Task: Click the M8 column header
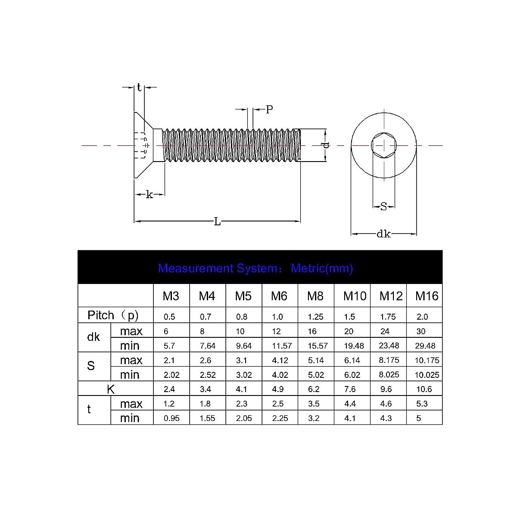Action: click(315, 296)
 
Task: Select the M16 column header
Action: click(427, 296)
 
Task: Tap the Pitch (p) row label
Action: click(113, 315)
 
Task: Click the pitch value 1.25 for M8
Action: click(315, 317)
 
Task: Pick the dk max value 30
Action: click(421, 331)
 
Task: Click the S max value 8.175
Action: click(389, 360)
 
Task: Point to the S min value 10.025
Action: click(427, 375)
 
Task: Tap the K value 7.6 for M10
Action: click(350, 389)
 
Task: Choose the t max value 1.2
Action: click(169, 404)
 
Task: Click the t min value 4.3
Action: click(386, 418)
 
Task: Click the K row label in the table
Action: click(111, 389)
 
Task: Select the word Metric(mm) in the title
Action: click(322, 268)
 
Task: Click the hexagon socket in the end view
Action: click(383, 145)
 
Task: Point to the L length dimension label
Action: click(217, 222)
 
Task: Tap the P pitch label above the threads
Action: click(269, 110)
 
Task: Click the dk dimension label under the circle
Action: click(383, 234)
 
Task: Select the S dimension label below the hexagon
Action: click(383, 207)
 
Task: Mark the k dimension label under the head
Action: click(149, 195)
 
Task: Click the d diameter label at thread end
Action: click(326, 145)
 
